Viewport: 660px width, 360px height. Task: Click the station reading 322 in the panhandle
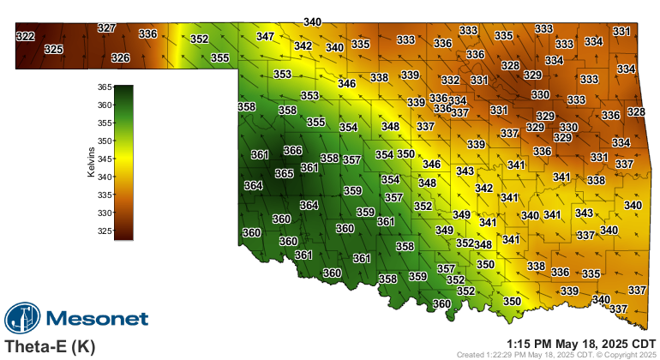click(26, 36)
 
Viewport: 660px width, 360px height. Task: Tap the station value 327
click(106, 28)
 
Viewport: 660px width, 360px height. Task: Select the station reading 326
click(121, 58)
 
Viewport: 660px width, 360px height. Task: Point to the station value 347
click(265, 37)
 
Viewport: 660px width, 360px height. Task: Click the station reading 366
click(293, 151)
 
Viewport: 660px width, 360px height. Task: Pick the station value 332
click(450, 81)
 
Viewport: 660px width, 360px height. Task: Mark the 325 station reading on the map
click(53, 50)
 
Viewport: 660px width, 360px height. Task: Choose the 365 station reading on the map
click(285, 173)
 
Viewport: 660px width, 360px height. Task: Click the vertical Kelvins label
click(91, 162)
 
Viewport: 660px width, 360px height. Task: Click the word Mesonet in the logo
click(96, 319)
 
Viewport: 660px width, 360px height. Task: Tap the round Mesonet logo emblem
click(23, 319)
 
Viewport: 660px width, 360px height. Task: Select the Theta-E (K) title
click(50, 346)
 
